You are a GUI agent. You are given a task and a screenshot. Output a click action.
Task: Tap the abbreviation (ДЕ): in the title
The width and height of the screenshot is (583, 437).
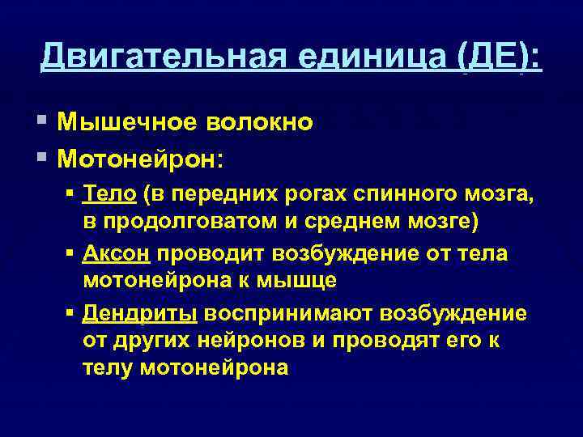pos(500,57)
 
